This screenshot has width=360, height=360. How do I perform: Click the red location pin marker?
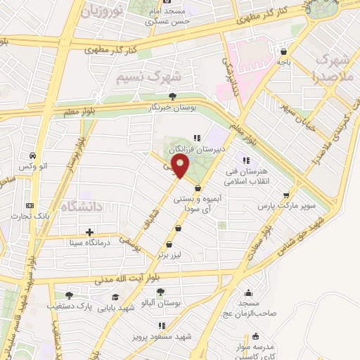point(181,167)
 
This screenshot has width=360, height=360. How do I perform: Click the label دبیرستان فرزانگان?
point(219,149)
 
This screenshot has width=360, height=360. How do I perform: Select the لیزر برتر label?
point(169,259)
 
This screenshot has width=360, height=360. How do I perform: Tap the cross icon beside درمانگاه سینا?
point(89,232)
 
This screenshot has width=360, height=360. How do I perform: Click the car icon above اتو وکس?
point(32,156)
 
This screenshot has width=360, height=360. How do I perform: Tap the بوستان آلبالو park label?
point(160,302)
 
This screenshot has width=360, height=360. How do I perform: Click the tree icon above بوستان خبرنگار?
point(173,96)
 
